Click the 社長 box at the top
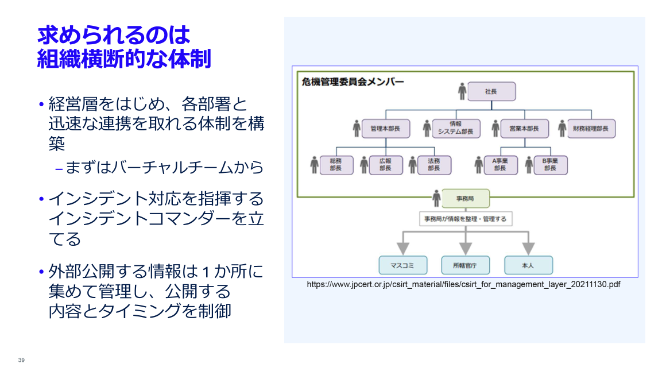(x=491, y=92)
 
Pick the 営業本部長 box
(x=524, y=129)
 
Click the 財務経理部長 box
(x=590, y=129)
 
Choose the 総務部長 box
(x=336, y=165)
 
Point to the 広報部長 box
(x=385, y=165)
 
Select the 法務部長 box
(x=433, y=165)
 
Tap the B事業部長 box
(x=550, y=165)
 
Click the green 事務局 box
(x=465, y=199)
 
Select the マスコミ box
(x=403, y=265)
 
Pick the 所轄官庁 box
(x=465, y=265)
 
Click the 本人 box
(x=528, y=265)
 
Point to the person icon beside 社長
(x=462, y=91)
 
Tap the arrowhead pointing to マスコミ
(x=403, y=248)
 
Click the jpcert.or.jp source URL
(x=463, y=284)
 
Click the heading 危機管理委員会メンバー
(x=353, y=82)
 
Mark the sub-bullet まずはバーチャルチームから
(x=164, y=168)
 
